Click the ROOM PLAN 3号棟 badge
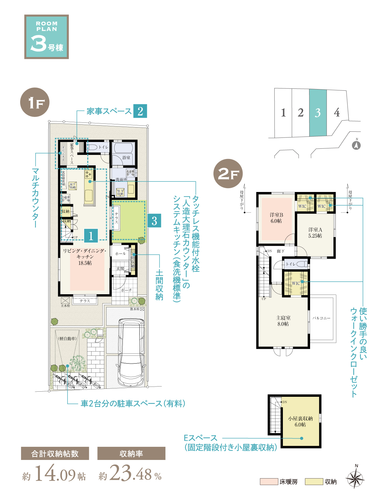(46, 37)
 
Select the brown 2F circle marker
(228, 174)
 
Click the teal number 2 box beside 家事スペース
(140, 111)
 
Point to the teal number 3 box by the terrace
(154, 221)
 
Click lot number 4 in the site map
(337, 113)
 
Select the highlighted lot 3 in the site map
(318, 113)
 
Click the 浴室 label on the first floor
(126, 157)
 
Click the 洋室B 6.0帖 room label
(276, 218)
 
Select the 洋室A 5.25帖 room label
(315, 233)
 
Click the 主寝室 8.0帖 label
(283, 321)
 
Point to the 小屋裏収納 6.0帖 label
(300, 421)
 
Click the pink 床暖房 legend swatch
(268, 481)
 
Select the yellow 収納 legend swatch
(314, 481)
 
